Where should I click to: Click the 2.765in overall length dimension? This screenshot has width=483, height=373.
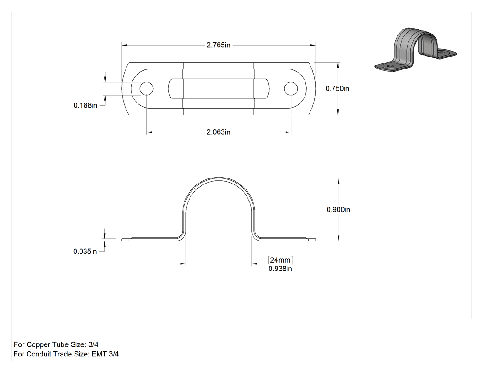tap(218, 45)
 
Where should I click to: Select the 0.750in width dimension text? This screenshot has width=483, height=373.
tap(338, 89)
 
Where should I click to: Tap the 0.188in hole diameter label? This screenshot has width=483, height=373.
tap(85, 105)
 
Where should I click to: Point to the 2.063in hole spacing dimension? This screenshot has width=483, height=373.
tap(218, 132)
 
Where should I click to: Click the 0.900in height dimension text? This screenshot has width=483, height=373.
tap(338, 210)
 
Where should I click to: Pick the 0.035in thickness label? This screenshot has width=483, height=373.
tap(85, 252)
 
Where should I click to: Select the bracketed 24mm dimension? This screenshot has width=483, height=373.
tap(280, 260)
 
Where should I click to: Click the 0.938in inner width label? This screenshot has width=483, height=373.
tap(280, 269)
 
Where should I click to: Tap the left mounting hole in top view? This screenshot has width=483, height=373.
tap(146, 89)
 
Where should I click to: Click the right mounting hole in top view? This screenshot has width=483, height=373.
tap(291, 89)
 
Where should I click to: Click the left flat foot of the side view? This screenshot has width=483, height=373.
tap(151, 239)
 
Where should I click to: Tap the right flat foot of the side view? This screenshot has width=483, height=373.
tap(287, 239)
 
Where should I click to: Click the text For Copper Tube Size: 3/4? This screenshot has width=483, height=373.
tap(56, 344)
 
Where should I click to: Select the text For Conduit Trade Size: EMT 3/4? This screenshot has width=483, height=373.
tap(66, 354)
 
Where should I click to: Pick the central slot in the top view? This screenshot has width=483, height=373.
tap(218, 89)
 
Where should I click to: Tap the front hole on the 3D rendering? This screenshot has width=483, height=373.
tap(391, 66)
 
